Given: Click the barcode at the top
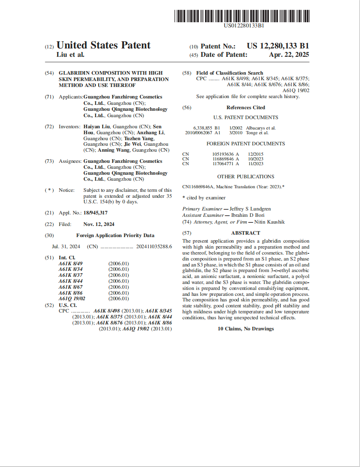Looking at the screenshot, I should click(242, 16).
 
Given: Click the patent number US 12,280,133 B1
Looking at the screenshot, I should click(278, 46).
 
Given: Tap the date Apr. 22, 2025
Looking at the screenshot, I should click(289, 55).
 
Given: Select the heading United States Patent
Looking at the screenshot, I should click(104, 45).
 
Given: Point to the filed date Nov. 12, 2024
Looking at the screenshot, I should click(99, 224).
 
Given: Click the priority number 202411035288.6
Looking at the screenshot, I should click(154, 247).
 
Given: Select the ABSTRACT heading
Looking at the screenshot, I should click(246, 233).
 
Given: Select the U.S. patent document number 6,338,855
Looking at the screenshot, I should click(203, 128).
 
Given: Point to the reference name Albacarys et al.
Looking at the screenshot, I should click(261, 128).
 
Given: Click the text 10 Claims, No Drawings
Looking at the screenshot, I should click(246, 329).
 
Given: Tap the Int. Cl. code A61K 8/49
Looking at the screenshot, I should click(71, 263).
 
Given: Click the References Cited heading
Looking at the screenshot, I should click(246, 108).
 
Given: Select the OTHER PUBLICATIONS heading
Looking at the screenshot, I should click(246, 177).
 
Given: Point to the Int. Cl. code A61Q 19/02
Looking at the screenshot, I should click(72, 299).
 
